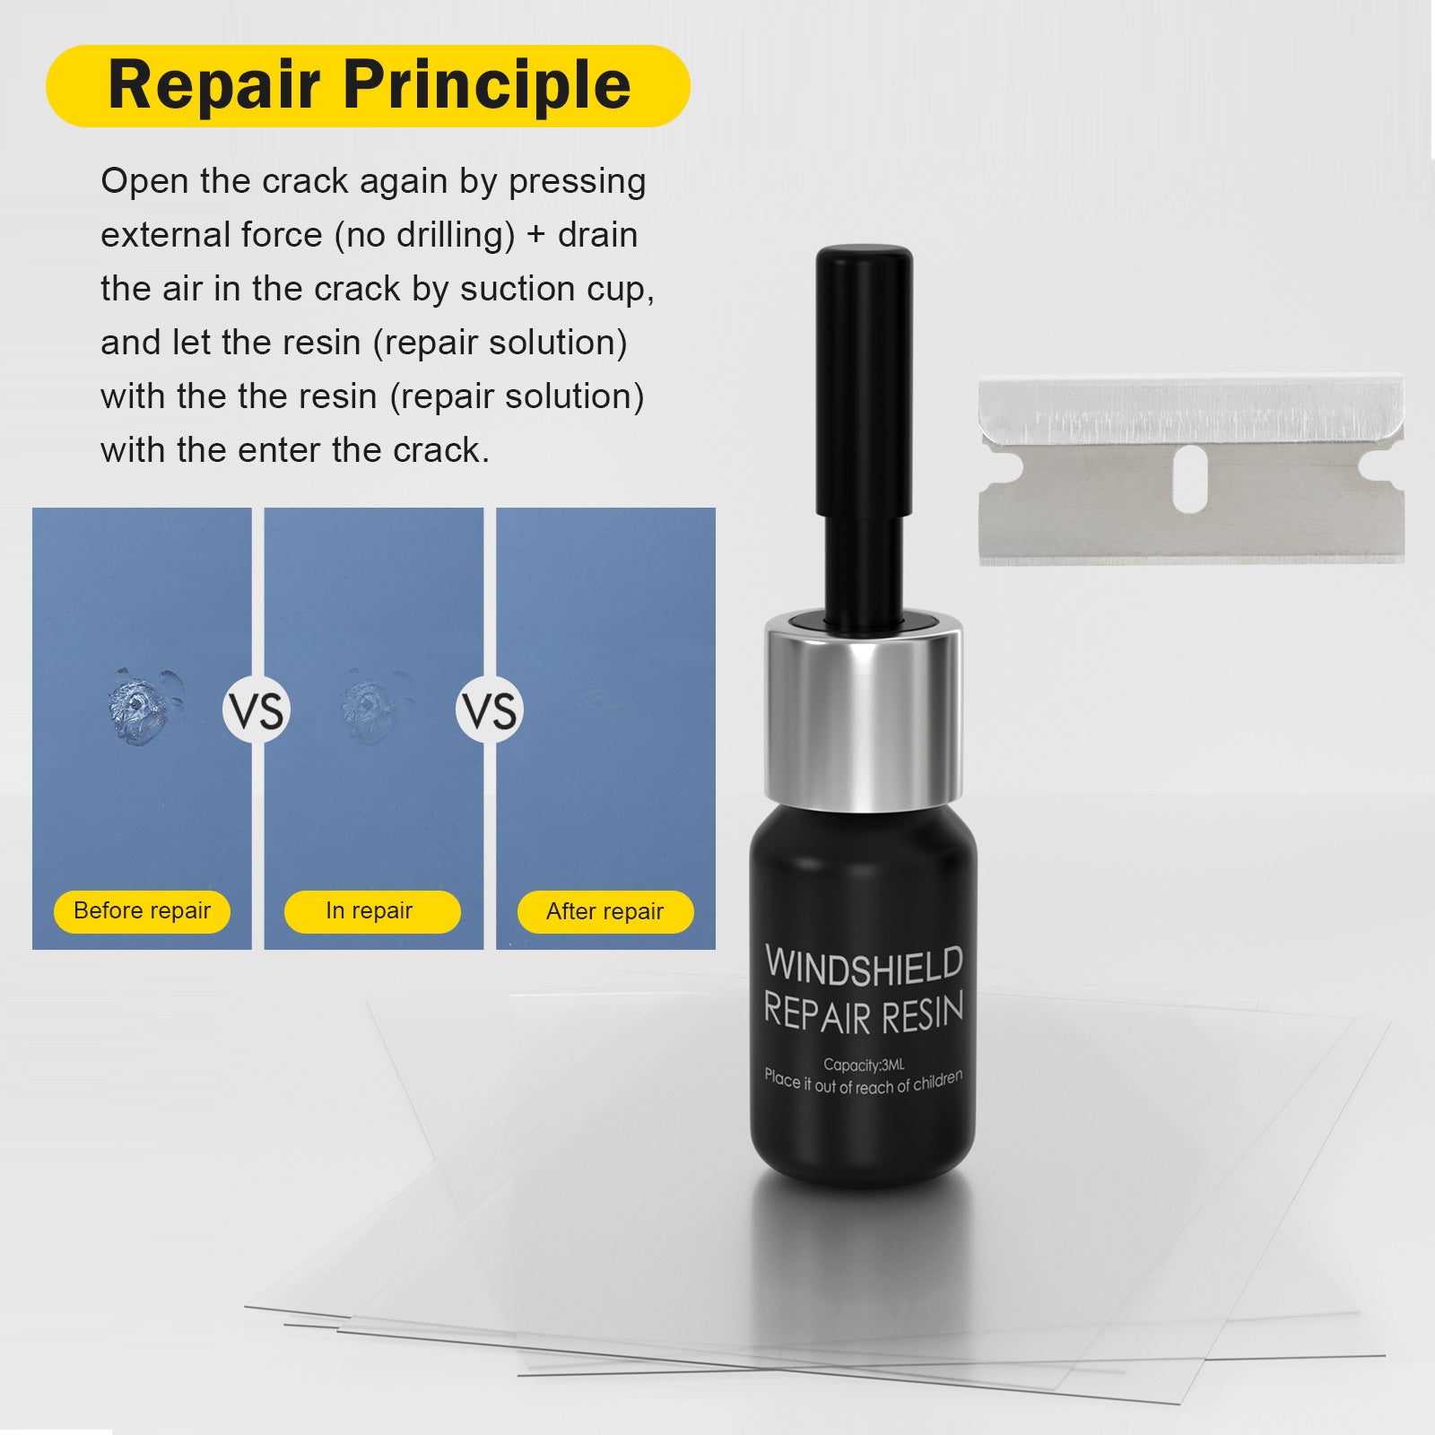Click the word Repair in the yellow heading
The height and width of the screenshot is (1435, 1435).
(x=213, y=85)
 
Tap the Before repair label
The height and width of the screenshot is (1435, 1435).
(x=142, y=911)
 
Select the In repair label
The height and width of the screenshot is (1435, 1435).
(x=370, y=911)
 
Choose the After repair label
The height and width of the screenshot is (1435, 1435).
(x=605, y=912)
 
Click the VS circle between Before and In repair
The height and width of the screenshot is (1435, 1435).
(x=257, y=710)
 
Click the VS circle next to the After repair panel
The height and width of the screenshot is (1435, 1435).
(x=490, y=710)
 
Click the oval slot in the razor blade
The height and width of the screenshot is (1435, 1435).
(x=1189, y=479)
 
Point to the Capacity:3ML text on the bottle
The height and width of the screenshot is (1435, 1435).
(x=864, y=1065)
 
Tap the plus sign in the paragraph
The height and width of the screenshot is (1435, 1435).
(x=535, y=235)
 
